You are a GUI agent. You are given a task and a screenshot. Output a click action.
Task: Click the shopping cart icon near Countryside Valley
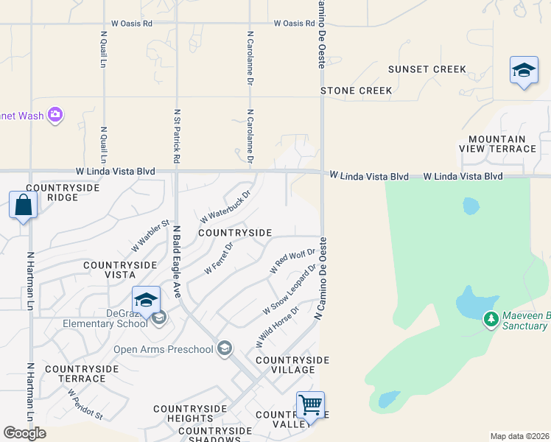tap(310, 404)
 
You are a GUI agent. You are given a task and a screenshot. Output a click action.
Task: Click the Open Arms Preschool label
tap(163, 348)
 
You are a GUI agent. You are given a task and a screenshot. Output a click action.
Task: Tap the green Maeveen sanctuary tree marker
tap(491, 320)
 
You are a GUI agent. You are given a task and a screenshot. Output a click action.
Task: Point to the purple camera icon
tap(55, 114)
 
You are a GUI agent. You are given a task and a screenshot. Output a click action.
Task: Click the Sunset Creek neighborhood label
tap(427, 69)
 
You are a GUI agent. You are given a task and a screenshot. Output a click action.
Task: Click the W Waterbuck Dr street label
tap(225, 207)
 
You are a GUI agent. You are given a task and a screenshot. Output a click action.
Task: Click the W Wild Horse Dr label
tap(277, 327)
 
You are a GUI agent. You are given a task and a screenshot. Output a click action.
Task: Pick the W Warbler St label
tap(150, 234)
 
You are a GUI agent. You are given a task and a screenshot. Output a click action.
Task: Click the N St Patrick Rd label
tap(177, 136)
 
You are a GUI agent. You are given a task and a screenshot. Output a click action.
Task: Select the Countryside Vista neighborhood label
tap(119, 269)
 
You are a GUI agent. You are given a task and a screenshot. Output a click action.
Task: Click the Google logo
tap(24, 433)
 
